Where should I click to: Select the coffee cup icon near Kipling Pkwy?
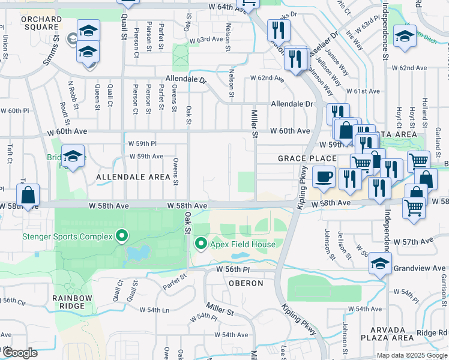pos(324,177)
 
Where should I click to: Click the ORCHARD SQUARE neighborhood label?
pos(41,23)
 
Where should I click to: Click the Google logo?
pos(20,353)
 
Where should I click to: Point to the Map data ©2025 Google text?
pos(411,355)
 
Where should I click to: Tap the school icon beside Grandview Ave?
pos(380,263)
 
